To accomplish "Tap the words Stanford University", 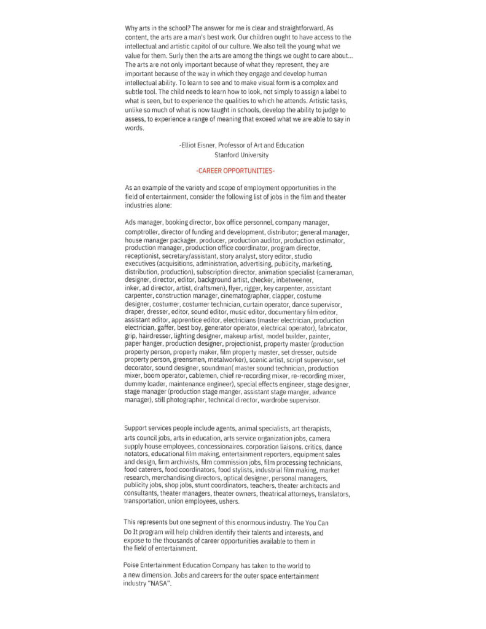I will [x=241, y=155].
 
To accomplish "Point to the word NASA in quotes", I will [x=158, y=583].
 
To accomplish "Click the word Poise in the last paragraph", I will [x=132, y=565].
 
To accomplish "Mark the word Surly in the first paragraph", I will [x=162, y=56].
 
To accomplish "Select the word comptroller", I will [x=141, y=232].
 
